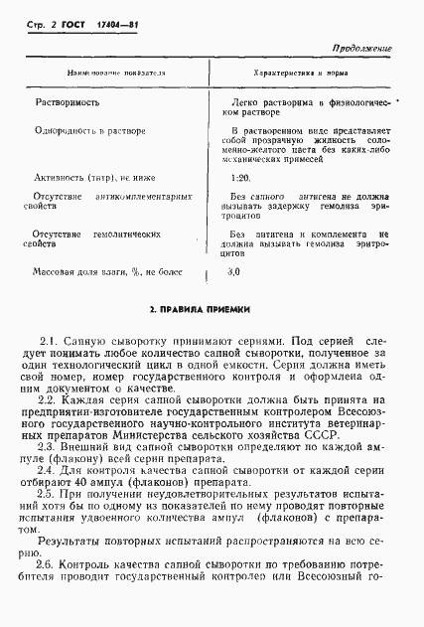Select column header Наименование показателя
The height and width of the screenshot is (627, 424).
coord(115,74)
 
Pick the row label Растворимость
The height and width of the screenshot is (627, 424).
coord(67,102)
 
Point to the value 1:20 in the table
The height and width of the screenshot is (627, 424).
coord(238,178)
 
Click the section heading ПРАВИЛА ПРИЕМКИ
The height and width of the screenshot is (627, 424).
coord(211,310)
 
